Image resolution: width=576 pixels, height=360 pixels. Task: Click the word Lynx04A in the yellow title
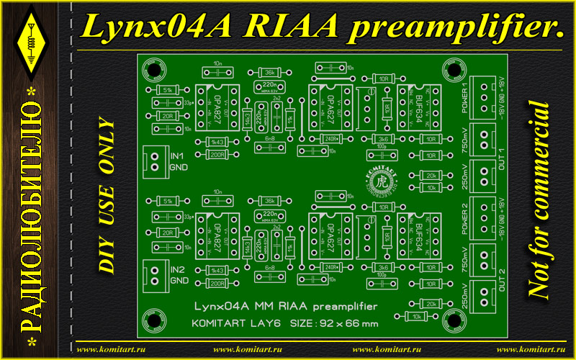(x=155, y=27)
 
